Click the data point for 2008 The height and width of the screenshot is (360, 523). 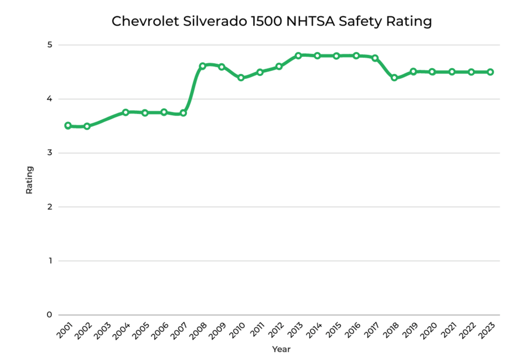tap(202, 66)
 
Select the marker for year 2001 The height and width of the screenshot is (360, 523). tap(68, 126)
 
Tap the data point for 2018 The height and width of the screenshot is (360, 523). tap(394, 78)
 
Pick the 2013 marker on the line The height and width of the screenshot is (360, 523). tap(298, 55)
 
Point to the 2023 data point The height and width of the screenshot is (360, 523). tap(490, 72)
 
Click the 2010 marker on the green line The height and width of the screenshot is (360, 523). tap(241, 78)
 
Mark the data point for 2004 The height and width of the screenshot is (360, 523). tap(126, 112)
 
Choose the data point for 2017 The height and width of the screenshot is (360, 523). tap(375, 58)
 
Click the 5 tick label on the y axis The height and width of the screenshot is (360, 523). tap(50, 45)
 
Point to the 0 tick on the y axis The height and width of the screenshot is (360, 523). tap(50, 315)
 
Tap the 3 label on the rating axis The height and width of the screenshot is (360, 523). tap(50, 153)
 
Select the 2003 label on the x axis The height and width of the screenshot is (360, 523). tap(102, 329)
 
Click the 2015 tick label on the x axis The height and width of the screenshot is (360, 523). tap(332, 329)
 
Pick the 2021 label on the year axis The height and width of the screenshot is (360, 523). tap(448, 329)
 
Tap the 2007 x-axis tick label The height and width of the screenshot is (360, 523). tap(179, 329)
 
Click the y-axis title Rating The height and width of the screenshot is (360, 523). tap(30, 180)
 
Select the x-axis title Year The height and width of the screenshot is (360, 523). tap(281, 350)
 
